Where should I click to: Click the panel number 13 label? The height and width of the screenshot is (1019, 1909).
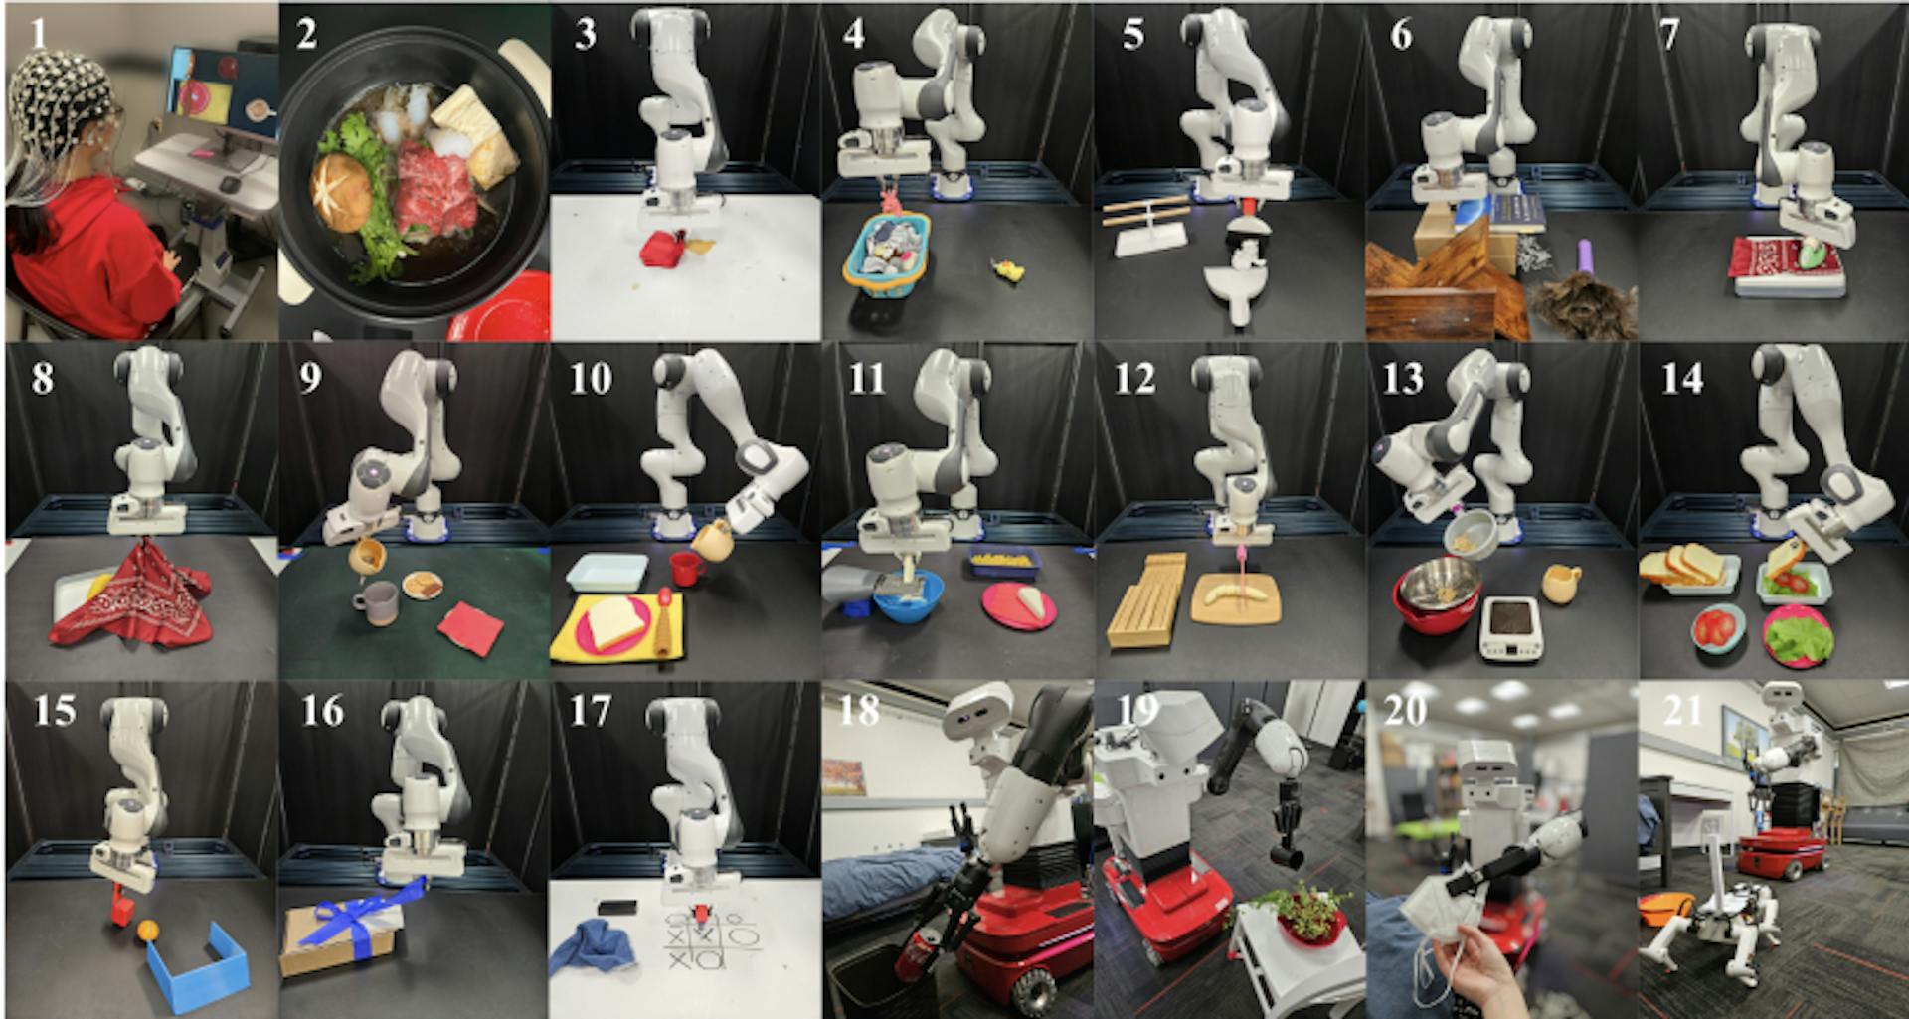(1402, 379)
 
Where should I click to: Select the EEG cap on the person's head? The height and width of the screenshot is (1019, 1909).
(56, 94)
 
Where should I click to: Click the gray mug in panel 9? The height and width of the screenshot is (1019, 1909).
(375, 602)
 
